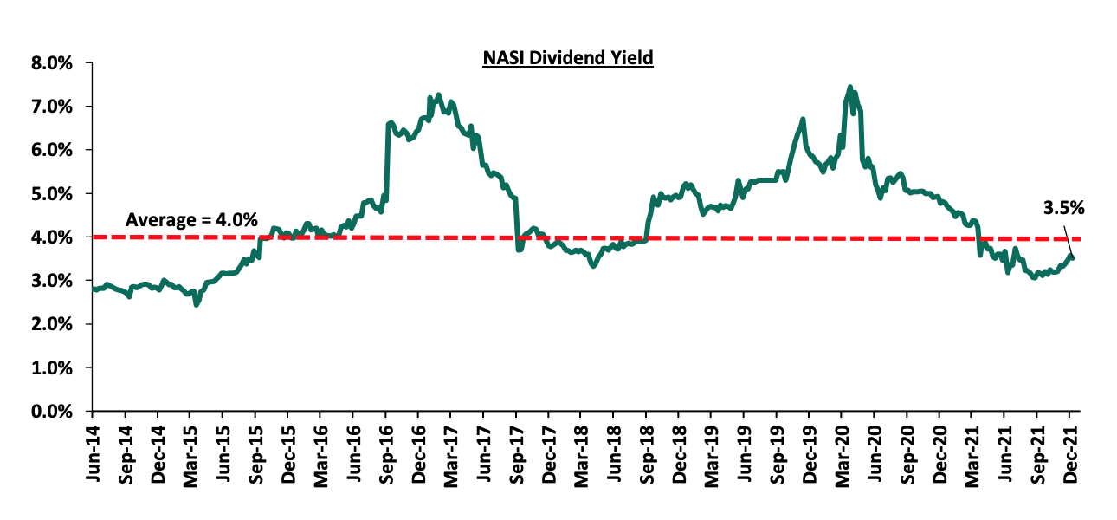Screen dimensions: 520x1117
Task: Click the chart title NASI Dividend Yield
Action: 568,59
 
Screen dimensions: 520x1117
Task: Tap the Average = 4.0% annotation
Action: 191,220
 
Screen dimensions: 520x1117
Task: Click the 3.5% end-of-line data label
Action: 1064,208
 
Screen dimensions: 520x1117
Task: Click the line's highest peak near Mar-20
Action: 849,87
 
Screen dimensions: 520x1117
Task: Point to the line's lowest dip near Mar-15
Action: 197,304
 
